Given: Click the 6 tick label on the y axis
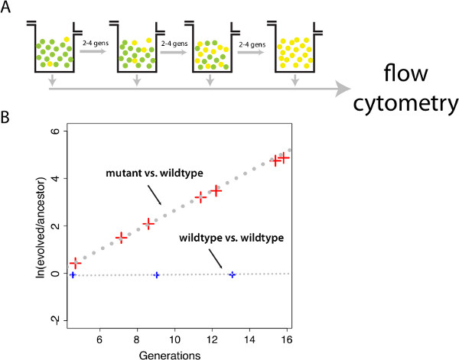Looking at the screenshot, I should [x=54, y=131].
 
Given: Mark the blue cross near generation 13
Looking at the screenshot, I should [x=232, y=274].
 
